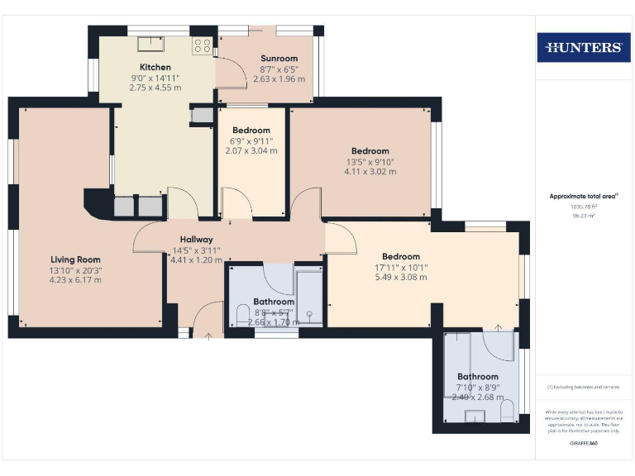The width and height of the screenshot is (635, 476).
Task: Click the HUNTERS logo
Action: [x=584, y=47]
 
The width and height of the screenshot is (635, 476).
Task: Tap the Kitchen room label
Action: [x=155, y=67]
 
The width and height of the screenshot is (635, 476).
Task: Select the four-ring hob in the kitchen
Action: [x=202, y=45]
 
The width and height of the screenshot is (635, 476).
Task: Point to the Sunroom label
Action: [x=279, y=58]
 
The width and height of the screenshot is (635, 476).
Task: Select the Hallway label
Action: [x=197, y=240]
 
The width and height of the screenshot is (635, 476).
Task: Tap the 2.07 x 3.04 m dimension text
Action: [x=252, y=150]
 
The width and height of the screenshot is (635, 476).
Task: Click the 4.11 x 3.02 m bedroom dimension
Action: [x=370, y=172]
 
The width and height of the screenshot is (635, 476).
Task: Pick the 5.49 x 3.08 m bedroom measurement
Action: [x=400, y=278]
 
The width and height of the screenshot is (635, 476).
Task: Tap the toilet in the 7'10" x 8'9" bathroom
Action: [x=507, y=408]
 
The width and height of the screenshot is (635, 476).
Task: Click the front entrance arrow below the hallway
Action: [x=208, y=336]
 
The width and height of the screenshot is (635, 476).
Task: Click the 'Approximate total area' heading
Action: [x=583, y=196]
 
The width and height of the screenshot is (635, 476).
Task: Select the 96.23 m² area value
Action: [x=584, y=216]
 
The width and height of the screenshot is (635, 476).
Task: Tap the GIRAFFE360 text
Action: [x=584, y=444]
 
